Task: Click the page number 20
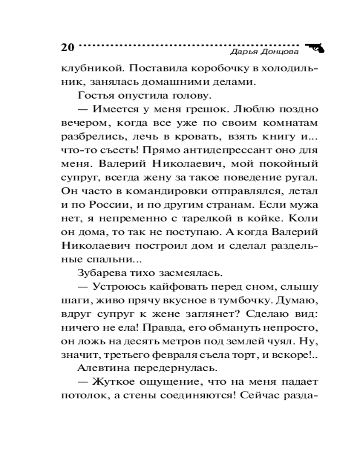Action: coord(67,47)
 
